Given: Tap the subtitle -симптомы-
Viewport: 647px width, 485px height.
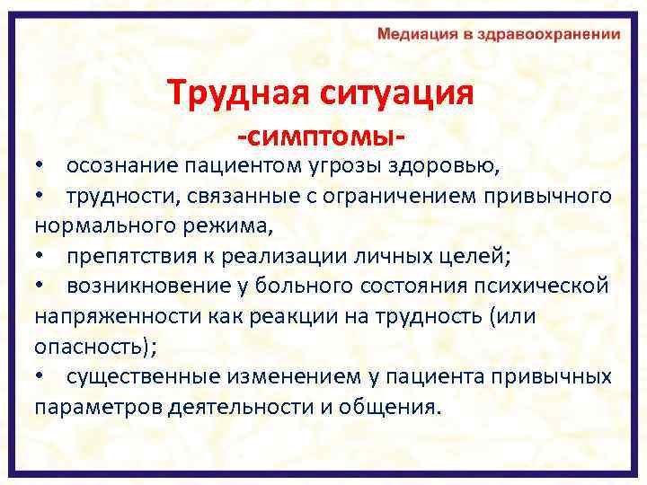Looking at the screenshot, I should click(x=319, y=137).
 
